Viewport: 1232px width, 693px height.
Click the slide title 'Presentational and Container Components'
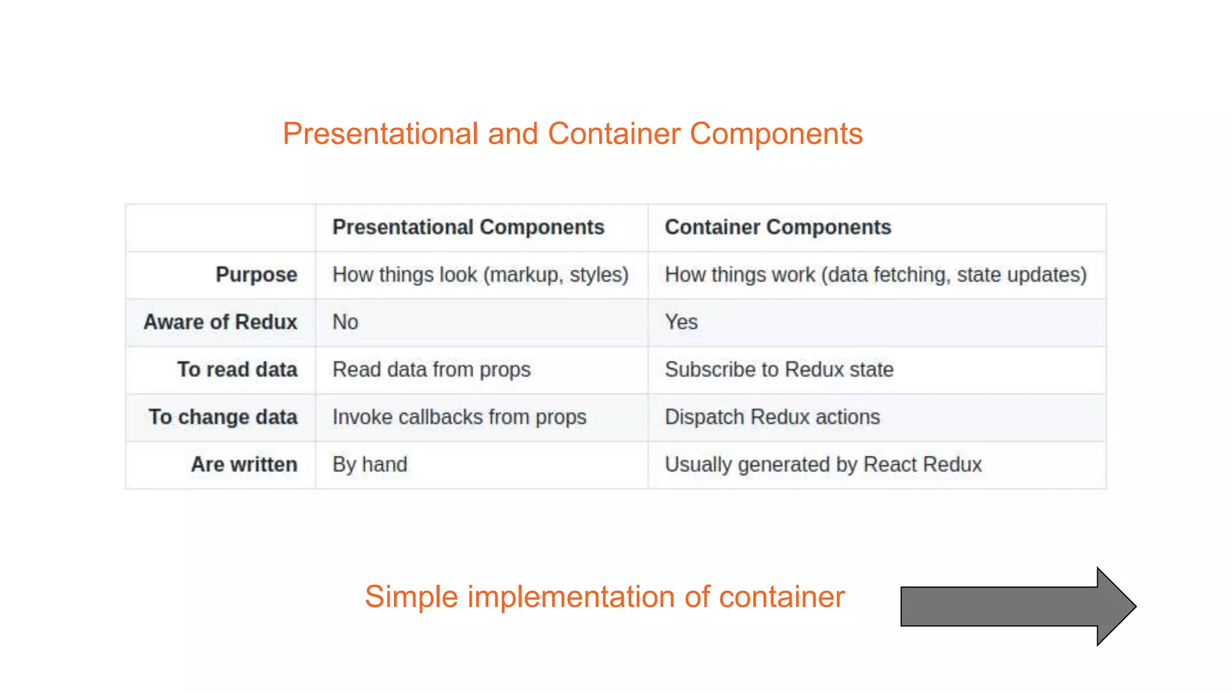[573, 134]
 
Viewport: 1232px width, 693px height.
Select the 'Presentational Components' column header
[468, 227]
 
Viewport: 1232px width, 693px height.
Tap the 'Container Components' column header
[777, 227]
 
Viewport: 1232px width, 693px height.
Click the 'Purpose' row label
[256, 275]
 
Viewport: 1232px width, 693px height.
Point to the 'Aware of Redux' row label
[220, 322]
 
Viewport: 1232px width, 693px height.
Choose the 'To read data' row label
[237, 369]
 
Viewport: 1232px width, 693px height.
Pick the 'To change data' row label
[223, 417]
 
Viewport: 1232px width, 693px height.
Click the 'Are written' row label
[244, 464]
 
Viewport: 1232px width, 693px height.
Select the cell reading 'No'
[345, 322]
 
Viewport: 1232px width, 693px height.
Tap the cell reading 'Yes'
[681, 322]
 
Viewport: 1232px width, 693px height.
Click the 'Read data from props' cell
[431, 369]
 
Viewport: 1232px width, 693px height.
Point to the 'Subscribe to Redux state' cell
[779, 369]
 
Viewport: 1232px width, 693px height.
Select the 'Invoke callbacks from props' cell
[459, 417]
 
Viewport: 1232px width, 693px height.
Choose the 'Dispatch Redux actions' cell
[772, 417]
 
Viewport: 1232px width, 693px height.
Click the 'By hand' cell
[369, 464]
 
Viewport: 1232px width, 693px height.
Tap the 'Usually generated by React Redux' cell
[823, 464]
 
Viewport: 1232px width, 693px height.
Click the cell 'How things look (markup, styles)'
[480, 275]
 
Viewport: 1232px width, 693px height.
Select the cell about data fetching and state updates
[875, 275]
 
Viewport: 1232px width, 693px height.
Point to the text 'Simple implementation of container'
[605, 597]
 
